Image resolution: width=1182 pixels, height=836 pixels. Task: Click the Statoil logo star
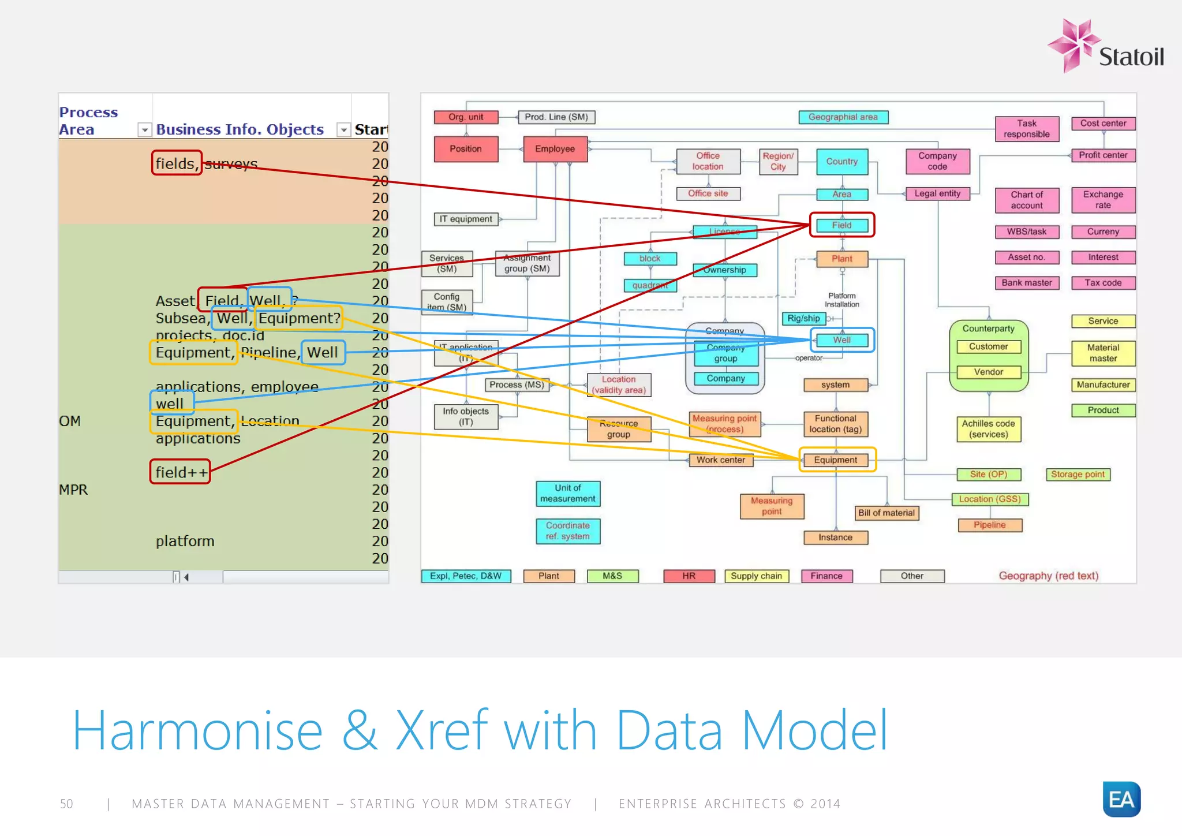pyautogui.click(x=1073, y=44)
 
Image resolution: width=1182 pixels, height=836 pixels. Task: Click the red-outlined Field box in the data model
pyautogui.click(x=841, y=225)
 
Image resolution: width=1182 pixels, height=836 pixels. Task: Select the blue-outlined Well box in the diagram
pyautogui.click(x=841, y=340)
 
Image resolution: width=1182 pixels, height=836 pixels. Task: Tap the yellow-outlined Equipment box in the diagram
pyautogui.click(x=836, y=460)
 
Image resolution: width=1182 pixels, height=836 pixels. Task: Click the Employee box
pyautogui.click(x=555, y=149)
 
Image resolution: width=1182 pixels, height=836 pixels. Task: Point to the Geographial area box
pyautogui.click(x=843, y=117)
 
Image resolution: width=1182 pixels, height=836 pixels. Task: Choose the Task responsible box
pyautogui.click(x=1027, y=129)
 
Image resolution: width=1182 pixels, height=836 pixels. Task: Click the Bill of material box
pyautogui.click(x=886, y=513)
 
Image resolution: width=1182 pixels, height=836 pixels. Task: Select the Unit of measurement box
pyautogui.click(x=567, y=494)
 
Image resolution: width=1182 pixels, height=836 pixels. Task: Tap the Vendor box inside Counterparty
pyautogui.click(x=988, y=372)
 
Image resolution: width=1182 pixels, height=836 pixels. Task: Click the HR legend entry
pyautogui.click(x=689, y=576)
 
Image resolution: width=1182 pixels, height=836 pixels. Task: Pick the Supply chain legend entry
pyautogui.click(x=756, y=576)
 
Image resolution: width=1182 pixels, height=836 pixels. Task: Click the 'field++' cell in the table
pyautogui.click(x=180, y=472)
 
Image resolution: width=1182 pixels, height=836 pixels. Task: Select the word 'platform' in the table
pyautogui.click(x=185, y=542)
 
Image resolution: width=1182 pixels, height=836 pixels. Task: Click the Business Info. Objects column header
pyautogui.click(x=240, y=129)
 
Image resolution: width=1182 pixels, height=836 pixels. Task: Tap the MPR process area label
pyautogui.click(x=73, y=490)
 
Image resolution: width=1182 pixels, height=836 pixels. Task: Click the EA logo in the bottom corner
pyautogui.click(x=1121, y=799)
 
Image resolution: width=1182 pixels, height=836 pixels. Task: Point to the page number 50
pyautogui.click(x=66, y=804)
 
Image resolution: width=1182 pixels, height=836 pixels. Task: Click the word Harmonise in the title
pyautogui.click(x=197, y=731)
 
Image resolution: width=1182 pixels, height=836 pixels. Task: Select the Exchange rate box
pyautogui.click(x=1102, y=200)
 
